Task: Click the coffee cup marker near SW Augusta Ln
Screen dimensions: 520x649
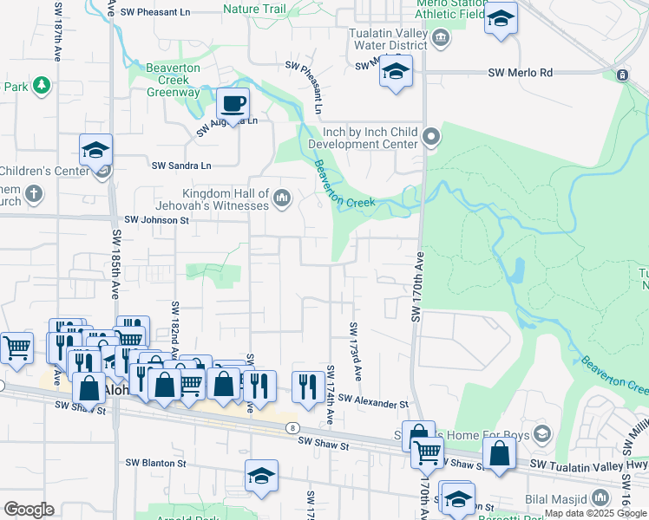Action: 233,105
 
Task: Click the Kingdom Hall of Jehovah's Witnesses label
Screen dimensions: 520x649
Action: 225,199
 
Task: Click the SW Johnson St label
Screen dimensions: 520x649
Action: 157,221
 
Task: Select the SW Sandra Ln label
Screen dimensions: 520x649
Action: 181,165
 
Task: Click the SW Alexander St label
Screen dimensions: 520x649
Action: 373,404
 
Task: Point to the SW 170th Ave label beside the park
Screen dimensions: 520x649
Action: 416,286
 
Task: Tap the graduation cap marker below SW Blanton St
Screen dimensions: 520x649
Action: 261,476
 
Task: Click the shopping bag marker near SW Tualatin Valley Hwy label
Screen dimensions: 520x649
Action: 499,454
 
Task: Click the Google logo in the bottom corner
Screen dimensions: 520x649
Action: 29,510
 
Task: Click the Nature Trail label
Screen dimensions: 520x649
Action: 253,9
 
